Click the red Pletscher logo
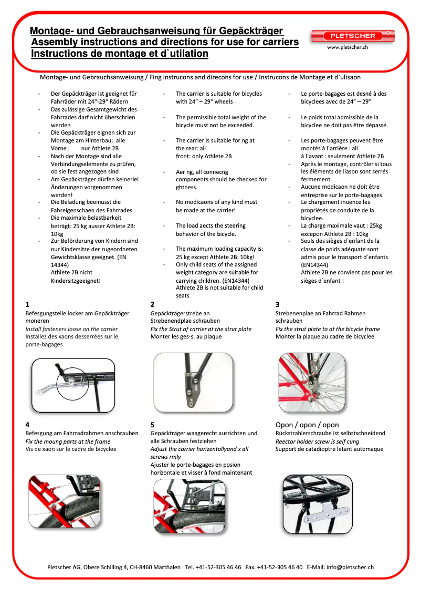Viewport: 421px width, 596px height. tap(352, 36)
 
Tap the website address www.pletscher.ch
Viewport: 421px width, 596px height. tap(347, 47)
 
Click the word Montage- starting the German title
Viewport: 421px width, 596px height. tap(52, 32)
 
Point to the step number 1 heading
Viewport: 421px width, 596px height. tap(27, 304)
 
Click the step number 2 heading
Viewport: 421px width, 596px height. tap(152, 304)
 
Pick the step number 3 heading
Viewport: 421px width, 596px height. tap(278, 304)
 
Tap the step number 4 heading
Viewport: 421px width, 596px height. tap(27, 425)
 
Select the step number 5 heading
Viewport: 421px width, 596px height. tap(152, 425)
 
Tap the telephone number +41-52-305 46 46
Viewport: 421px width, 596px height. tap(218, 567)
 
